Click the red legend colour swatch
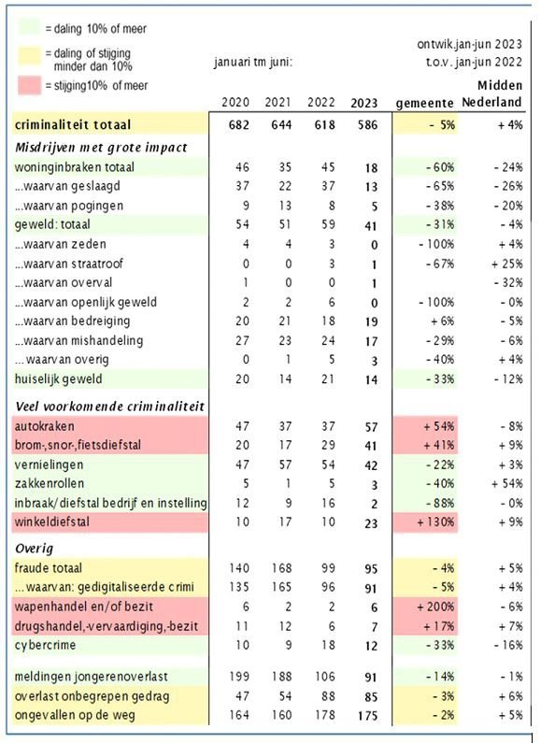[x=29, y=86]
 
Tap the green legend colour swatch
[x=29, y=27]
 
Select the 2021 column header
[x=278, y=102]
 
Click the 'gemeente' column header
[x=424, y=103]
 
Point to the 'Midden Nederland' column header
[x=492, y=93]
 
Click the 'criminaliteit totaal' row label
[x=73, y=125]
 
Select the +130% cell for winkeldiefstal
[x=435, y=522]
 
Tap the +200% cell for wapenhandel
[x=435, y=607]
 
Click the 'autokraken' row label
[x=45, y=426]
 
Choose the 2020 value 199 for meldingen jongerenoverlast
[x=239, y=677]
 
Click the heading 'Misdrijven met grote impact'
[x=101, y=148]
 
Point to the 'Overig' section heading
[x=35, y=549]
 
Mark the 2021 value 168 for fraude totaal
[x=282, y=567]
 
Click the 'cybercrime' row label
[x=45, y=646]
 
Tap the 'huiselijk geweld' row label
[x=58, y=379]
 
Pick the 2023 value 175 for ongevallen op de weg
[x=368, y=716]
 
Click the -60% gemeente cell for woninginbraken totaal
[x=439, y=167]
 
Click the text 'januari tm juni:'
[x=253, y=62]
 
